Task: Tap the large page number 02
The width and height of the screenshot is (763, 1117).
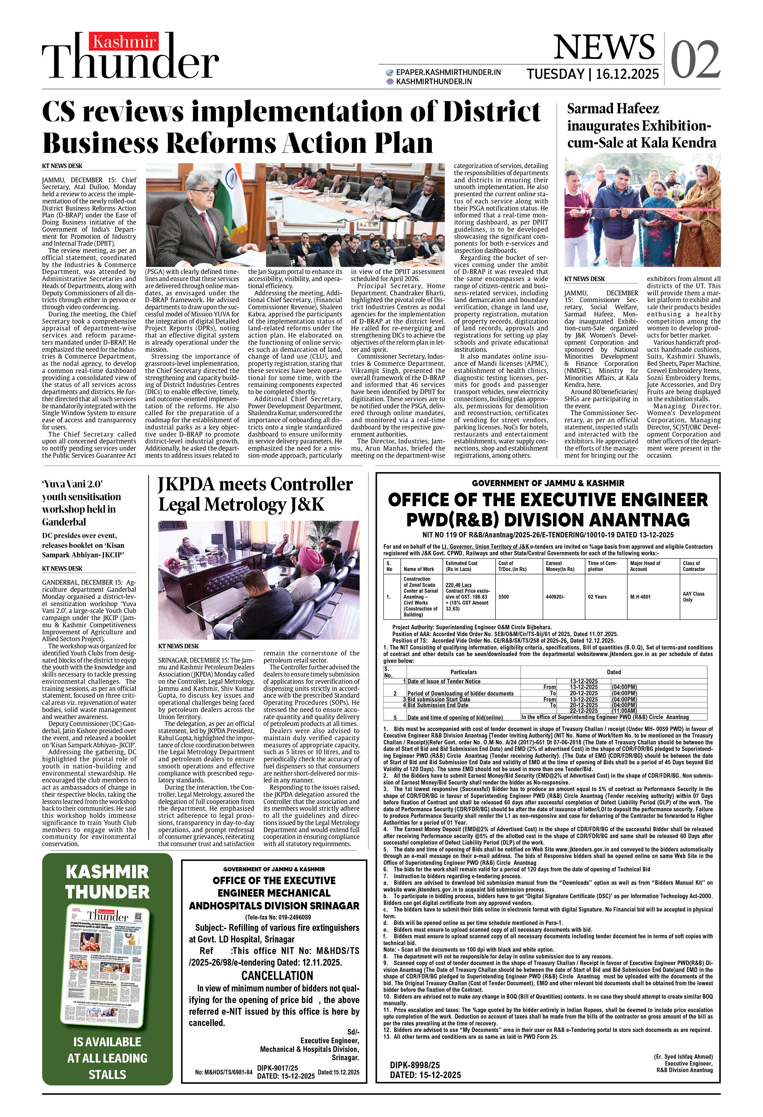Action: (x=695, y=60)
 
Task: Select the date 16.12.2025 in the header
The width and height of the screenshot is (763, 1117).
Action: (x=627, y=74)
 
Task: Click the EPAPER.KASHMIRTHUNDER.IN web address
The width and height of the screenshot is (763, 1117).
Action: (x=448, y=72)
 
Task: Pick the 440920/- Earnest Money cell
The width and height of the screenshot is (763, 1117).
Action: (x=555, y=597)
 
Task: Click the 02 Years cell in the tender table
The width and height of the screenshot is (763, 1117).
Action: (x=597, y=597)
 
